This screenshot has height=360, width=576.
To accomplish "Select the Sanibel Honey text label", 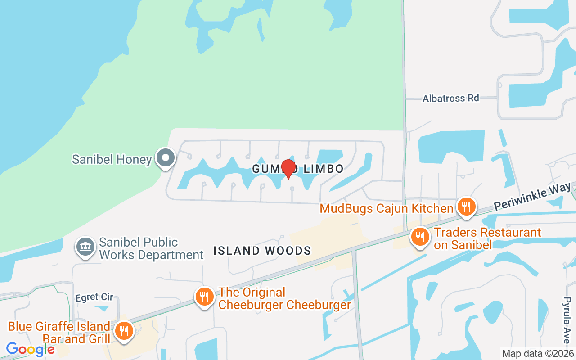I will click(112, 159).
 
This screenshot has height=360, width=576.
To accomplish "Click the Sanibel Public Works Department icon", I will click(85, 247).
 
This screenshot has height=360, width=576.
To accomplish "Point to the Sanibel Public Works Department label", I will click(151, 248).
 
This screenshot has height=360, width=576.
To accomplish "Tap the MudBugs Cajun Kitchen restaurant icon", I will click(466, 207).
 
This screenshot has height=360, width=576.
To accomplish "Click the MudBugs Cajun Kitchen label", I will click(386, 208).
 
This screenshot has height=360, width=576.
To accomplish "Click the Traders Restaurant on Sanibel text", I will click(487, 238).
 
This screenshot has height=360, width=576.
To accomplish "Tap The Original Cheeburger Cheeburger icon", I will click(204, 297).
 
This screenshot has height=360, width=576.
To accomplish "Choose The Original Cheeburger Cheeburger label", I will click(284, 298).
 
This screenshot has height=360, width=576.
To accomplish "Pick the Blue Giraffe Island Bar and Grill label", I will click(59, 332).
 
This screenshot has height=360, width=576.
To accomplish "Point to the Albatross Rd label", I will click(450, 98).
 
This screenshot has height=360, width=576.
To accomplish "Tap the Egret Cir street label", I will click(94, 297).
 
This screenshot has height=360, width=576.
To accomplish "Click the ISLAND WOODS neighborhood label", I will click(262, 251).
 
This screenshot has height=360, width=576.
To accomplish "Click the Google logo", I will click(30, 349).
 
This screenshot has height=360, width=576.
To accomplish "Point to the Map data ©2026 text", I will click(538, 353).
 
